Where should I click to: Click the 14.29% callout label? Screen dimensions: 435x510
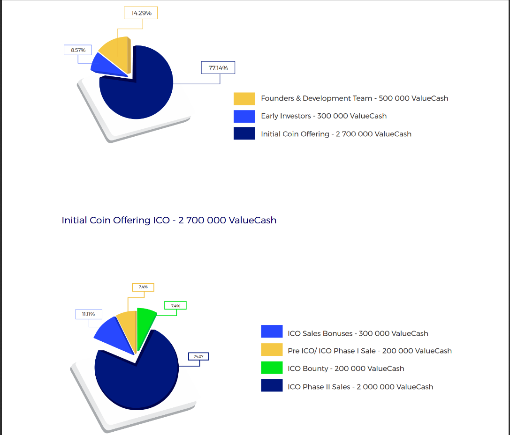(x=141, y=13)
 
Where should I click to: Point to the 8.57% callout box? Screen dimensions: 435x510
(x=78, y=50)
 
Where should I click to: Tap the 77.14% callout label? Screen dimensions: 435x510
(x=218, y=68)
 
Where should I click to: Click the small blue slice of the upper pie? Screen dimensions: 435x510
(x=104, y=63)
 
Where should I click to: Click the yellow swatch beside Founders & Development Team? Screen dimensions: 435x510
(x=244, y=98)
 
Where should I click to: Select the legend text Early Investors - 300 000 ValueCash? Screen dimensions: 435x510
(x=324, y=116)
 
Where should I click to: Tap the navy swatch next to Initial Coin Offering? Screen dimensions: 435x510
(x=244, y=133)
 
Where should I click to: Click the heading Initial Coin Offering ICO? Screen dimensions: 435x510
(x=169, y=220)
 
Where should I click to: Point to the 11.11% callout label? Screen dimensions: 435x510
(x=88, y=314)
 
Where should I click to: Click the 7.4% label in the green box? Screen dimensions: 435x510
(x=175, y=306)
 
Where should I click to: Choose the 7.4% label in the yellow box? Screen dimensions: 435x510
(x=143, y=287)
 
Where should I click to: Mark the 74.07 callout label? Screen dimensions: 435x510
(x=198, y=357)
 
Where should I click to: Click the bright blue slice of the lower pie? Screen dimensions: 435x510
(x=113, y=335)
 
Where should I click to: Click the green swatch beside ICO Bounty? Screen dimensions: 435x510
(x=272, y=368)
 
